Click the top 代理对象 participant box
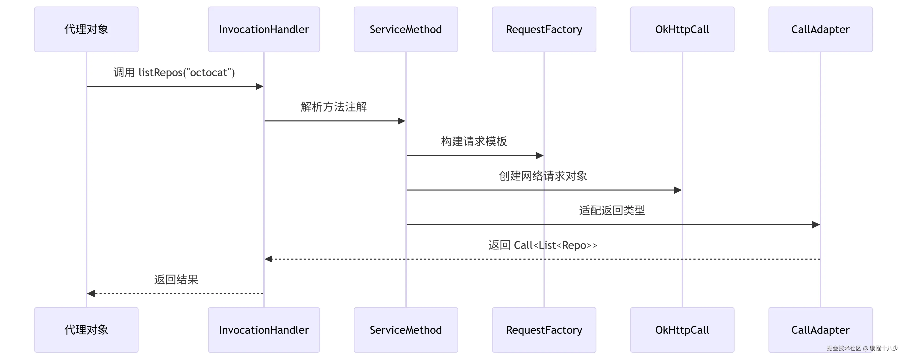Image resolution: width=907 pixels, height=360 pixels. click(86, 29)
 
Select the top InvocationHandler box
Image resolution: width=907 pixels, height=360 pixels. click(264, 29)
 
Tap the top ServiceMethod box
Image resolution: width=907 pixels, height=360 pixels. click(406, 29)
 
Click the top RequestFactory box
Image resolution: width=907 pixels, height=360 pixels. click(544, 29)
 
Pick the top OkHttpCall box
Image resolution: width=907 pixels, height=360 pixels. click(682, 29)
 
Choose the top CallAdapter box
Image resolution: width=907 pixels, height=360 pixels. click(820, 29)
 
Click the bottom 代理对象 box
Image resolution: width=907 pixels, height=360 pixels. click(86, 330)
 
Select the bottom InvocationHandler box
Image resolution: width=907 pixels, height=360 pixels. click(264, 330)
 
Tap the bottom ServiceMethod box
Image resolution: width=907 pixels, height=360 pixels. click(406, 330)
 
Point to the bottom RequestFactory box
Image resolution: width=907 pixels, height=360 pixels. click(544, 330)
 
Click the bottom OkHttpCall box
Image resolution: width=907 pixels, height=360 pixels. click(682, 330)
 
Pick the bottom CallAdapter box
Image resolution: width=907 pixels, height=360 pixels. click(820, 330)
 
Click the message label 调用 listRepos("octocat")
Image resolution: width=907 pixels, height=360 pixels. click(174, 73)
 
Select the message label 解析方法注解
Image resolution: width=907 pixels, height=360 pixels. click(334, 107)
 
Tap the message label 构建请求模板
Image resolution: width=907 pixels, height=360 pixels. click(474, 141)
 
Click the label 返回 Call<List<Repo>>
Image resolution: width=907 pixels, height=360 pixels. click(543, 245)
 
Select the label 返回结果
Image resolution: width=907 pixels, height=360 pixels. click(176, 279)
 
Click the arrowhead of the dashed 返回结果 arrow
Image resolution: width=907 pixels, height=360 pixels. click(91, 293)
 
